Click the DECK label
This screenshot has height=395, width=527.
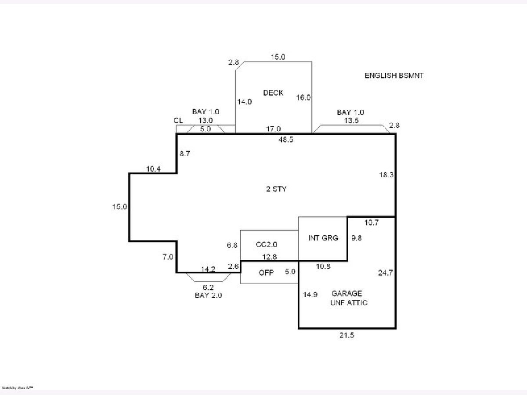point(273,93)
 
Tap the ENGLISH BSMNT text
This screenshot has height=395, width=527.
point(394,75)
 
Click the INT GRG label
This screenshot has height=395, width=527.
point(323,238)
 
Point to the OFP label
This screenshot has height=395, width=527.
point(266,273)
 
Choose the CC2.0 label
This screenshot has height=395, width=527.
point(266,244)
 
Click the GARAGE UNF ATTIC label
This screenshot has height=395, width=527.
point(348,298)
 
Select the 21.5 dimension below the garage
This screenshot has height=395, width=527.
point(347,335)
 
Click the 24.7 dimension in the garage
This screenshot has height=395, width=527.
point(385,273)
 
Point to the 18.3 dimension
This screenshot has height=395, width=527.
point(386,175)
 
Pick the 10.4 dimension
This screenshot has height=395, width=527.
point(153,169)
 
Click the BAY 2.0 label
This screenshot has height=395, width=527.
point(208,295)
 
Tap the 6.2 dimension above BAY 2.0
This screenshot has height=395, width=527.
point(208,287)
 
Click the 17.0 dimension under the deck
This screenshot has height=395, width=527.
point(273,129)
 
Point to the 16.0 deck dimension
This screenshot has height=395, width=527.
point(303,97)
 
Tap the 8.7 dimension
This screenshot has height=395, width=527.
point(185,154)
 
